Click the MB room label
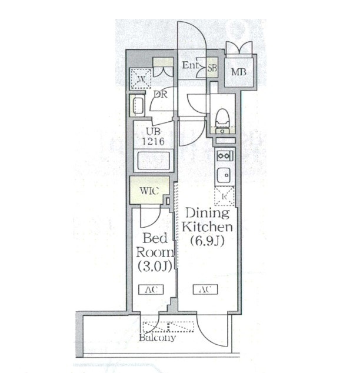click(239, 72)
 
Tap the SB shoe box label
click(212, 68)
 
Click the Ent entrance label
click(190, 65)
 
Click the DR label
click(160, 95)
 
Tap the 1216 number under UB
click(153, 142)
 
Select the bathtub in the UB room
click(154, 161)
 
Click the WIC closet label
click(149, 191)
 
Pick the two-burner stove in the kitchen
click(224, 156)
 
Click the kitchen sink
click(224, 175)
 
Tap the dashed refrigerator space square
click(224, 197)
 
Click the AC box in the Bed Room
click(151, 289)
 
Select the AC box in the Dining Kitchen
click(205, 289)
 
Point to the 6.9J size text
click(207, 241)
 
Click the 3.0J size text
click(155, 266)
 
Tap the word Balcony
click(158, 338)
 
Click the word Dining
click(208, 214)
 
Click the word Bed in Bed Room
click(155, 238)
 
